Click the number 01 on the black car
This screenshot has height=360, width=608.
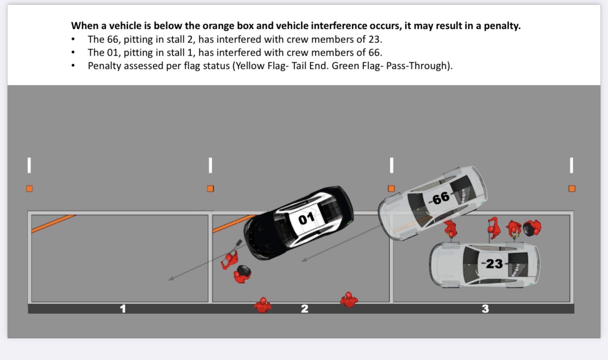306,218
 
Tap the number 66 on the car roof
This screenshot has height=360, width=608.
441,198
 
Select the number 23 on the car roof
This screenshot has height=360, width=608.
494,263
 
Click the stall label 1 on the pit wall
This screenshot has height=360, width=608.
123,309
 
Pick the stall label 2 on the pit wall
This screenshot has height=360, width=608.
304,309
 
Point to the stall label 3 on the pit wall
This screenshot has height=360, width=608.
485,309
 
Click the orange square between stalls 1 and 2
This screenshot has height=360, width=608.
210,188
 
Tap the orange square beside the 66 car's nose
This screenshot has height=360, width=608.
391,188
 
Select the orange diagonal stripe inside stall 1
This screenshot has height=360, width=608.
53,224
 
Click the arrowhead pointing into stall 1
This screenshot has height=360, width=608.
171,279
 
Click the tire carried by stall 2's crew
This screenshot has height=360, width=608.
244,270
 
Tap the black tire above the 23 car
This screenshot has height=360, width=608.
532,228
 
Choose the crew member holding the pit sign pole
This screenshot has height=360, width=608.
230,260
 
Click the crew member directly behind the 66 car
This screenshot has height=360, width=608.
451,229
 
